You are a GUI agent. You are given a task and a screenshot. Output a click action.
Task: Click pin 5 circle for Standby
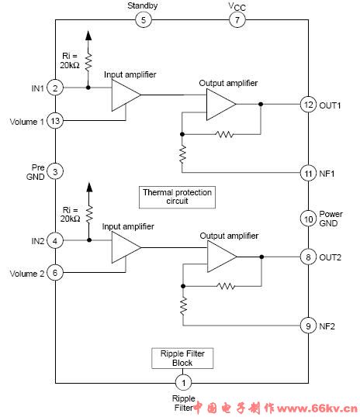(144, 19)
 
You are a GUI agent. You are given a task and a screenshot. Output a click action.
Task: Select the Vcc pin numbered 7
(237, 19)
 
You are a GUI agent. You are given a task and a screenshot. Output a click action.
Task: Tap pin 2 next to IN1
(55, 88)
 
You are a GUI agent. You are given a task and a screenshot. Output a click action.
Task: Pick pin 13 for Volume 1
(55, 121)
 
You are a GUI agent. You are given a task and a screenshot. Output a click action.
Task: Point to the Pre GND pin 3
(55, 171)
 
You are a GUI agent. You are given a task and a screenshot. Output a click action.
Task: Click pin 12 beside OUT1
(308, 104)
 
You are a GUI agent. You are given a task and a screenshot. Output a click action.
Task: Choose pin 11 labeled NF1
(308, 173)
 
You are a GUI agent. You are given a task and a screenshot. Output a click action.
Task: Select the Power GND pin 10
(308, 219)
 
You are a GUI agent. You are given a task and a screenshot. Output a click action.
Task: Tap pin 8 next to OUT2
(308, 257)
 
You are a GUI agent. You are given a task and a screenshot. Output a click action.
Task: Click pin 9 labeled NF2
(308, 326)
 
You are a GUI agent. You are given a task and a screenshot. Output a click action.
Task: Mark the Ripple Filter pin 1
(183, 382)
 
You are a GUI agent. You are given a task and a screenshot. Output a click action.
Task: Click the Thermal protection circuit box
(177, 197)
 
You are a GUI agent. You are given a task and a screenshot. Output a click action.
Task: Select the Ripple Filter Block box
(182, 358)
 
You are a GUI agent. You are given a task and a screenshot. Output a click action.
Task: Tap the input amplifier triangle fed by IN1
(125, 95)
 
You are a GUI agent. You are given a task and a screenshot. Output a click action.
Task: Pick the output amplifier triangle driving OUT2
(222, 257)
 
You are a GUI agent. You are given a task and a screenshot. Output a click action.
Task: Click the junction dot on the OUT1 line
(261, 104)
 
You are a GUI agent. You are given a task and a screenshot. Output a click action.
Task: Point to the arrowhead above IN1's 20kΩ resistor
(88, 36)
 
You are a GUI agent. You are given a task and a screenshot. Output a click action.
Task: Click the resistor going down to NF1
(182, 154)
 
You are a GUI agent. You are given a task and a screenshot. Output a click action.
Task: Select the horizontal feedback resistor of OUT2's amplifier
(226, 286)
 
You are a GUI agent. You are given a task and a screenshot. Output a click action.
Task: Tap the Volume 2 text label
(27, 274)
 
